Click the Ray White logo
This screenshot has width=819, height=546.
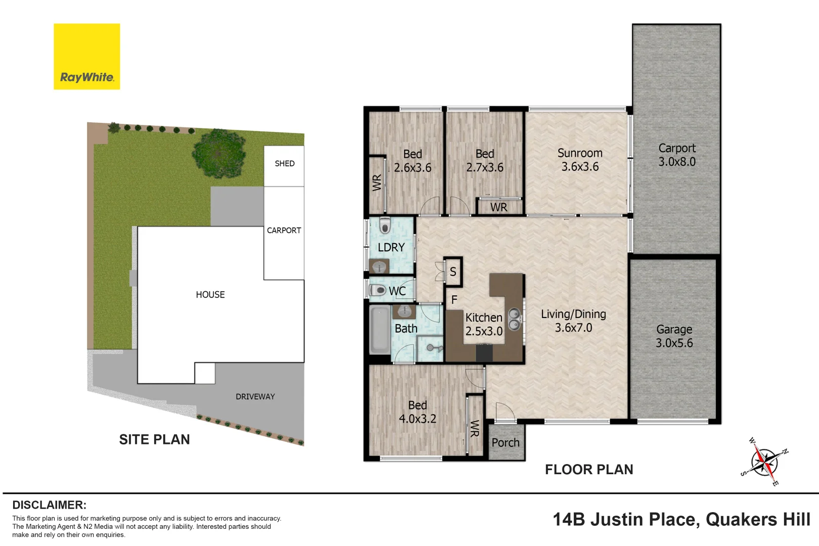point(86,56)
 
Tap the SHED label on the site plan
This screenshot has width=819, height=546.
point(285,163)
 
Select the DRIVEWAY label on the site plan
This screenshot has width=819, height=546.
point(255,396)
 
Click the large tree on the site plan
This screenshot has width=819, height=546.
point(219,153)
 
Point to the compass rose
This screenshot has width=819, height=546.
point(764,462)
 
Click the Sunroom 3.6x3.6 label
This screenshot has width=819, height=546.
point(580,160)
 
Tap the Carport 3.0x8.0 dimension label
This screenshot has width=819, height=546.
point(677,155)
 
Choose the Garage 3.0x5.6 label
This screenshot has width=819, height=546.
point(674,336)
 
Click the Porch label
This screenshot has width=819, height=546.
point(505,442)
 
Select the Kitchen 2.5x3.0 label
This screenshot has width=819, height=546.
point(484,325)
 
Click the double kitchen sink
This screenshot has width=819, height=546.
point(515,319)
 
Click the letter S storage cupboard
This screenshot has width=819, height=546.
point(453,271)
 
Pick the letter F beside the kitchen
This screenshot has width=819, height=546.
point(454,300)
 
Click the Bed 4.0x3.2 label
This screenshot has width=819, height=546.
point(418,412)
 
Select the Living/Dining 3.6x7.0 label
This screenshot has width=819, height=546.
point(573,321)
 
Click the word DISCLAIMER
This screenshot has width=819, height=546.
point(50,505)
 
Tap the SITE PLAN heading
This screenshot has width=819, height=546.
point(154,439)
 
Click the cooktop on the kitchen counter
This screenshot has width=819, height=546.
point(484,353)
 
